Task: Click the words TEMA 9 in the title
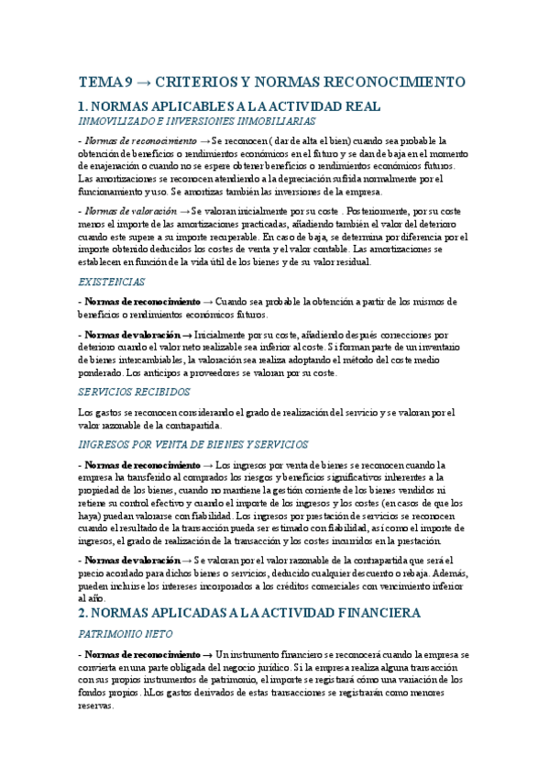click(x=104, y=82)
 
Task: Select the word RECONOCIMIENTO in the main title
click(x=400, y=82)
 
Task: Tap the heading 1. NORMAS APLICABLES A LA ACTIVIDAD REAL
click(x=228, y=106)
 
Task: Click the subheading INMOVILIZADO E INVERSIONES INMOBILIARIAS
click(x=197, y=121)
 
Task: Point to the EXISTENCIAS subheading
click(x=112, y=283)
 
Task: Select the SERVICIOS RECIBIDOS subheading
click(x=135, y=391)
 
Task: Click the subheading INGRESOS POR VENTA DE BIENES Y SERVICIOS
click(x=192, y=444)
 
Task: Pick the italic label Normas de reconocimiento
click(x=140, y=141)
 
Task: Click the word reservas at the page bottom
click(x=96, y=706)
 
